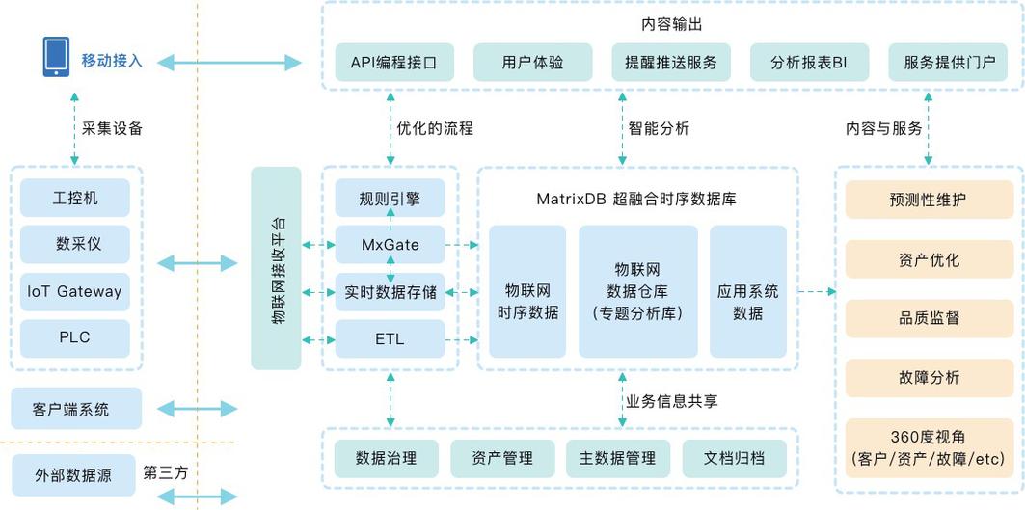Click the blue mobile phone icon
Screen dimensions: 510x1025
56,57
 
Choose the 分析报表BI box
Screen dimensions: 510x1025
808,63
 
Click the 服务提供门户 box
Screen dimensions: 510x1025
949,63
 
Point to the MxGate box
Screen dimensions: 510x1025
391,245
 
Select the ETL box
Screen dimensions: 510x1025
391,339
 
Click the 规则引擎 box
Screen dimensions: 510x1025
391,199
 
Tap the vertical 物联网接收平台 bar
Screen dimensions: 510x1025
276,268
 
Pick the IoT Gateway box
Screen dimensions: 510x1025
75,291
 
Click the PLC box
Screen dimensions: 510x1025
75,338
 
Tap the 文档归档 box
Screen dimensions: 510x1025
736,459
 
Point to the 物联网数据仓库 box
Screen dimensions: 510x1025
637,291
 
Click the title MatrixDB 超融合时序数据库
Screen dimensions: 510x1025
636,200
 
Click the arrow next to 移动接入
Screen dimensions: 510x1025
229,63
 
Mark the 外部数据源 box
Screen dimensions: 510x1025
75,475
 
